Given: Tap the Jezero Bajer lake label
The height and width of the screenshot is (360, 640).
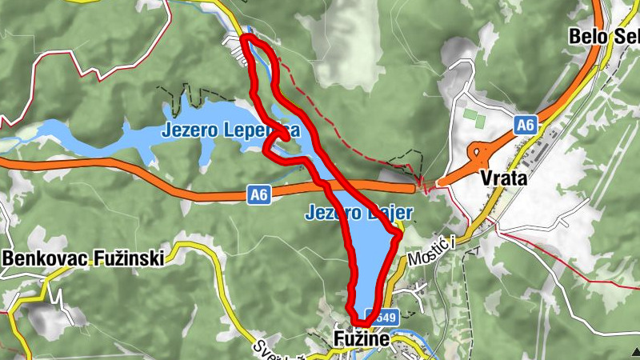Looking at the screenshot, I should click(358, 213).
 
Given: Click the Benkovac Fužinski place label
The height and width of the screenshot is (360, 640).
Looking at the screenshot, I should click(83, 258).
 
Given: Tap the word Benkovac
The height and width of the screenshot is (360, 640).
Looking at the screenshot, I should click(42, 258).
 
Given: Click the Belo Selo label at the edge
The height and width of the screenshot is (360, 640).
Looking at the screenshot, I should click(604, 36).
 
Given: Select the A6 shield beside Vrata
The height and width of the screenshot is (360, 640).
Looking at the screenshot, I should click(525, 125).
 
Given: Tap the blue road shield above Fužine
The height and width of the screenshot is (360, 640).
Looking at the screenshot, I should click(371, 316).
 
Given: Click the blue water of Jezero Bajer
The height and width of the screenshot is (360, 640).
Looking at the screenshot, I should click(370, 256).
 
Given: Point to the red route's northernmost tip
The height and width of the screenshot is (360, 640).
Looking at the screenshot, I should click(245, 37).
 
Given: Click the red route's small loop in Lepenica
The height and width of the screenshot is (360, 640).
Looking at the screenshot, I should click(277, 142).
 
